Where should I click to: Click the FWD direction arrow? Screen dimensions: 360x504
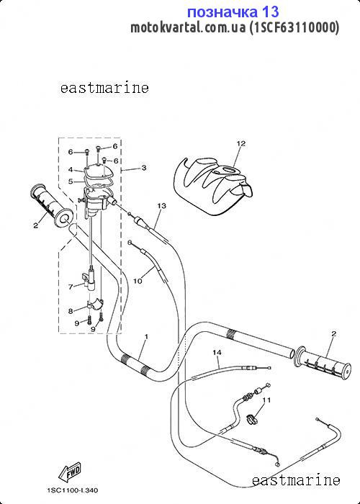tap(69, 472)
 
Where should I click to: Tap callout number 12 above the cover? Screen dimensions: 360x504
tap(240, 143)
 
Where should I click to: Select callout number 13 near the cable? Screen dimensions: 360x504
tap(162, 205)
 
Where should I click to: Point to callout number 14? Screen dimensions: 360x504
tap(217, 353)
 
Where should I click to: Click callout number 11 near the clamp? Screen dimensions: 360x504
tap(266, 400)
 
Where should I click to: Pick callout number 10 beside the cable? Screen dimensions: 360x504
tap(138, 281)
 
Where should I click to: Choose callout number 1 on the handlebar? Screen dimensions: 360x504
tap(146, 336)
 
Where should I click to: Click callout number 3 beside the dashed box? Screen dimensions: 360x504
tap(144, 168)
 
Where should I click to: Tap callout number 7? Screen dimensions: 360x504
tap(71, 287)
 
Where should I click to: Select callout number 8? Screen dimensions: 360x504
tap(71, 311)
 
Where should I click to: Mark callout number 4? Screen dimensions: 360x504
tap(71, 169)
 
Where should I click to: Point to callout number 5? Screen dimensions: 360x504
tap(71, 181)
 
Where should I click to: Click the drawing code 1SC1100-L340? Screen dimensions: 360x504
tap(73, 490)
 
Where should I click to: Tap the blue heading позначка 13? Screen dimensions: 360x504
tap(233, 12)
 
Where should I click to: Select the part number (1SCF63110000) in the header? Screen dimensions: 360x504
tap(294, 28)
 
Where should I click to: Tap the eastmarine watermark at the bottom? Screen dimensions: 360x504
tap(296, 480)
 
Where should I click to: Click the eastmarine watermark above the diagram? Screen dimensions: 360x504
tap(104, 88)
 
